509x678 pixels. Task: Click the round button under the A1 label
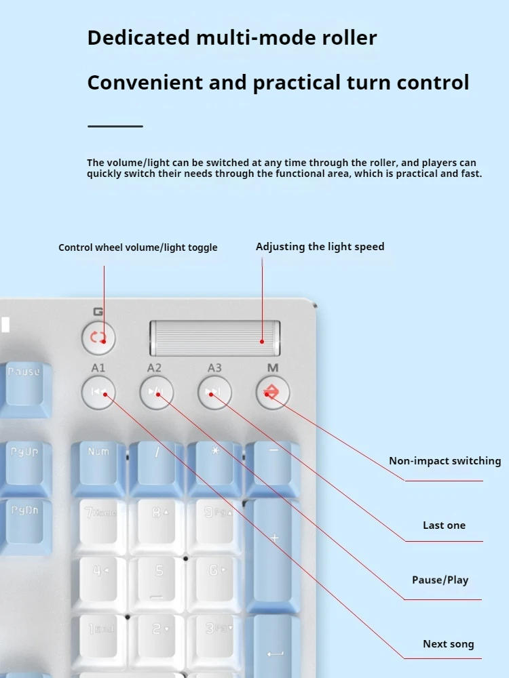98,392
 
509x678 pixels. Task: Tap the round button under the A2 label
157,392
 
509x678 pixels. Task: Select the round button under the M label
273,392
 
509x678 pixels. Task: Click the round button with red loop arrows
98,338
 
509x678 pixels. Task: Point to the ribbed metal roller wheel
215,338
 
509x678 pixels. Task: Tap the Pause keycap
24,386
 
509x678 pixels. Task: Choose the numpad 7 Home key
99,524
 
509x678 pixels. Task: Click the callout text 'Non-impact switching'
445,461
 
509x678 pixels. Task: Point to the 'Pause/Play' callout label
440,580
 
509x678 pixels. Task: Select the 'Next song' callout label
449,644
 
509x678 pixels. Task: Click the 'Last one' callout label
444,525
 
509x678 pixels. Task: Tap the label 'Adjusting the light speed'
320,247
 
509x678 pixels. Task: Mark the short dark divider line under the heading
115,126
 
